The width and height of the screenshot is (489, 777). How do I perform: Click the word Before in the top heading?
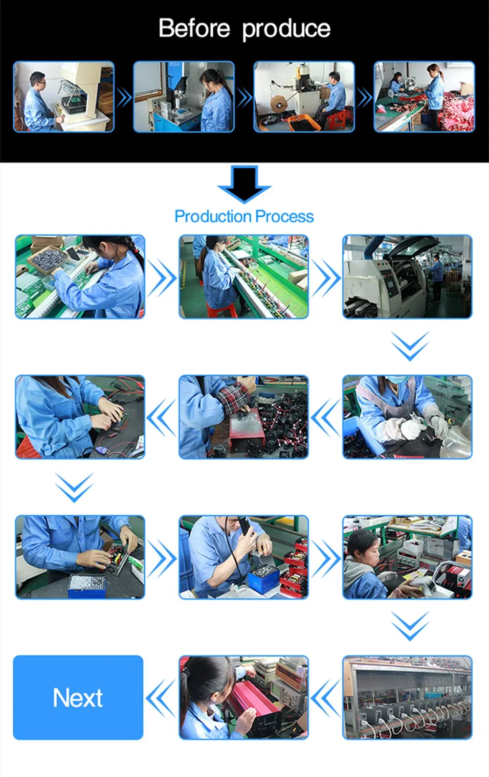[x=194, y=28]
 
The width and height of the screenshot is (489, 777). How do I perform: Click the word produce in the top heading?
[x=286, y=29]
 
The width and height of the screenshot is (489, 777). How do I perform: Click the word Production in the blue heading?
[x=212, y=216]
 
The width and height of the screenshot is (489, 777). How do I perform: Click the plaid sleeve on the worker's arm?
[x=234, y=394]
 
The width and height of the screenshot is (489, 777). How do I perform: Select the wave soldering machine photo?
[x=407, y=277]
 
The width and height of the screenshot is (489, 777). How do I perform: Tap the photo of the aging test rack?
[x=407, y=697]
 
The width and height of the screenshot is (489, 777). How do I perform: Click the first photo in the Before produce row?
[x=64, y=97]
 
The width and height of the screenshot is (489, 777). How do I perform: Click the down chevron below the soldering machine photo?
[x=410, y=345]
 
